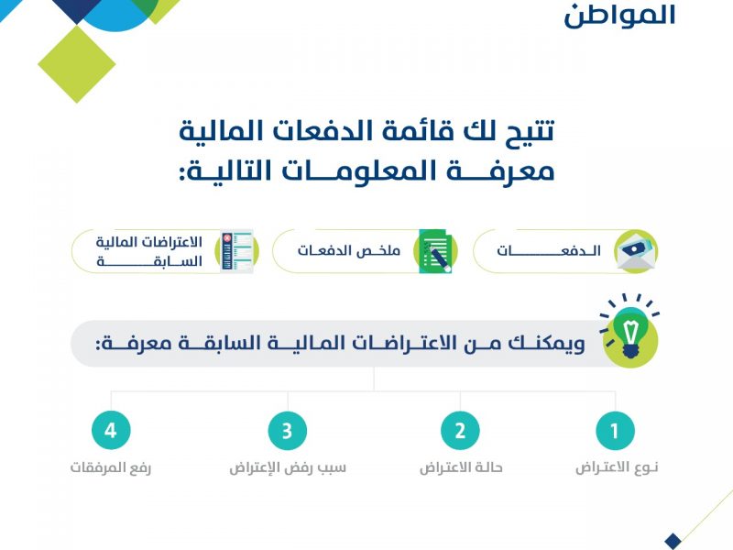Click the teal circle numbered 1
pyautogui.click(x=615, y=430)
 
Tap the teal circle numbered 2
pyautogui.click(x=461, y=430)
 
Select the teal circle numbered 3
pyautogui.click(x=288, y=430)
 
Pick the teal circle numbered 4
pyautogui.click(x=111, y=430)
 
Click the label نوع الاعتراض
pyautogui.click(x=617, y=467)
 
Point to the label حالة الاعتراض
pyautogui.click(x=461, y=467)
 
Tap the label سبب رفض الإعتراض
pyautogui.click(x=288, y=467)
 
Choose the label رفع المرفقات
pyautogui.click(x=111, y=467)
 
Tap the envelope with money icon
pyautogui.click(x=636, y=251)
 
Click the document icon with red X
pyautogui.click(x=237, y=251)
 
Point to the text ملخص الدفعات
pyautogui.click(x=349, y=250)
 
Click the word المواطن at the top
pyautogui.click(x=620, y=16)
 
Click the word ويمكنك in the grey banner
pyautogui.click(x=547, y=343)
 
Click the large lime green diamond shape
pyautogui.click(x=77, y=64)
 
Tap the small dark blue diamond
pyautogui.click(x=673, y=541)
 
